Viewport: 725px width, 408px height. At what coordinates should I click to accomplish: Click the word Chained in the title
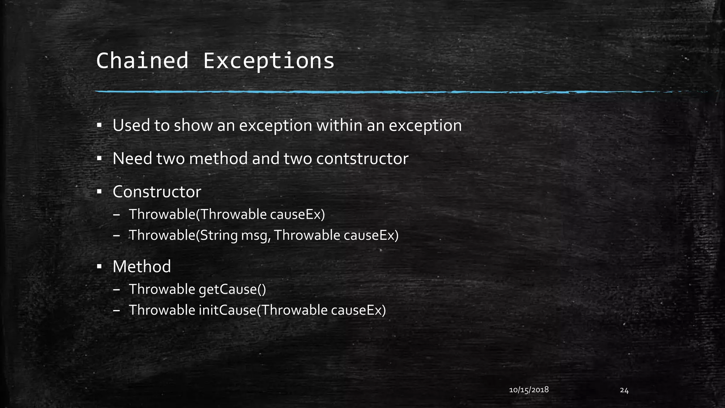142,61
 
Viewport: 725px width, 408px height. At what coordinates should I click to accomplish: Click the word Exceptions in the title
268,61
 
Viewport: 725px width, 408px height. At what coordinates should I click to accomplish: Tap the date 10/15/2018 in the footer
529,390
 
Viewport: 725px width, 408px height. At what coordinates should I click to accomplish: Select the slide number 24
624,391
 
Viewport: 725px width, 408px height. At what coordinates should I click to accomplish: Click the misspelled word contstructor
362,159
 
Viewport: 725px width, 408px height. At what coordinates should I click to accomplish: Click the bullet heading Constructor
157,192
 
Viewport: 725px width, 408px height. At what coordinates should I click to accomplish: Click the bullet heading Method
142,266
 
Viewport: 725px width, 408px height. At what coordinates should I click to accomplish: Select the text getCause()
232,289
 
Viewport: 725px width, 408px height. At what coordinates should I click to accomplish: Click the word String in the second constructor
219,236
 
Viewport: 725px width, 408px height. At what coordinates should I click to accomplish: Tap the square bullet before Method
99,266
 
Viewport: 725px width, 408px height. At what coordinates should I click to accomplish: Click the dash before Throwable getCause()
116,290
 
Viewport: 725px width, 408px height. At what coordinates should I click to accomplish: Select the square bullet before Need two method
99,158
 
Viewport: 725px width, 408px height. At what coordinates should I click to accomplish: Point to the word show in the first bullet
193,125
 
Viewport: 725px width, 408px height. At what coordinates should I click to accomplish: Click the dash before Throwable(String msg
116,236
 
